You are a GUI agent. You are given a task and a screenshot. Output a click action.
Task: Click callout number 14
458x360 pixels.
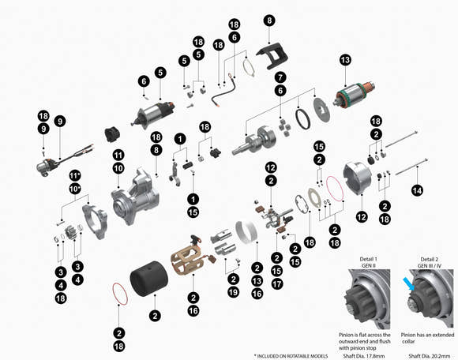418,189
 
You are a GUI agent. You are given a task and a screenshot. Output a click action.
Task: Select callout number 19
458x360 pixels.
234,292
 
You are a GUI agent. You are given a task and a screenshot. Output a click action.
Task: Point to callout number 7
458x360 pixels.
280,77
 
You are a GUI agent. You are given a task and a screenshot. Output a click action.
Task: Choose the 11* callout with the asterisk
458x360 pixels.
75,174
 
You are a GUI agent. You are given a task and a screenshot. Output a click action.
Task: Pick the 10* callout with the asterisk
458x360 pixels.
75,188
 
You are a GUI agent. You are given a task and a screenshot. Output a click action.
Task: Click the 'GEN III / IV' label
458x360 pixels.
428,267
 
